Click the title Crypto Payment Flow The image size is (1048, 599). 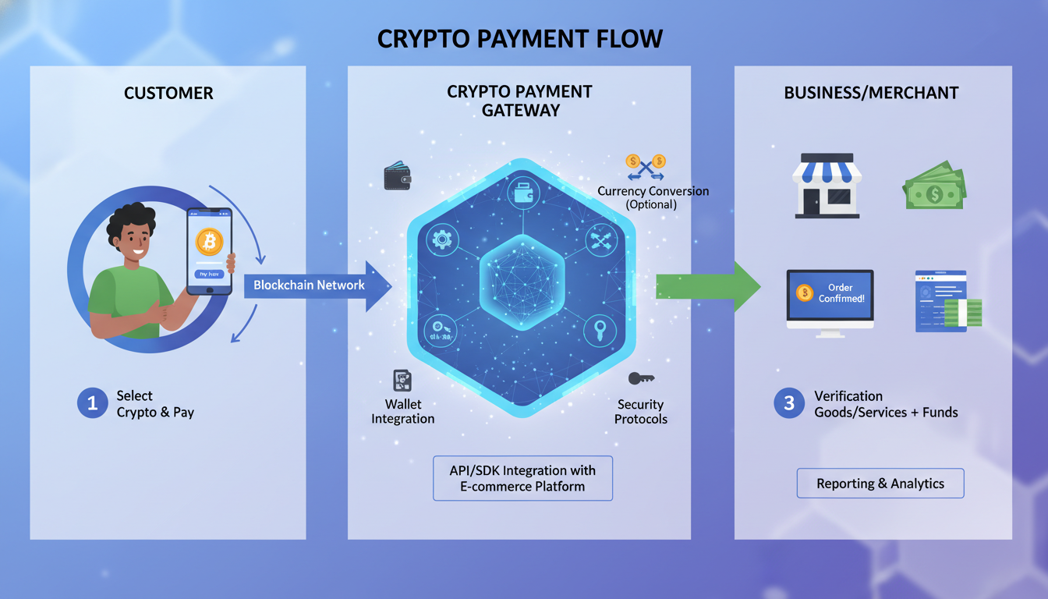pos(519,38)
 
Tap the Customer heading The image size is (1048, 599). pos(168,93)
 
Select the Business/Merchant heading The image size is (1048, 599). pos(871,93)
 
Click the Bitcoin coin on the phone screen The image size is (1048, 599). pos(208,242)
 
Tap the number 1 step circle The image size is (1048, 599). pos(92,403)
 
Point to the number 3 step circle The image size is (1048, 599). pos(788,403)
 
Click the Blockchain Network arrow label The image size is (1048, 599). pos(309,285)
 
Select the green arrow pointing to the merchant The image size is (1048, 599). pos(706,285)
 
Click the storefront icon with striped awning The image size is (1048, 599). pos(827,185)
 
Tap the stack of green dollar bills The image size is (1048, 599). pos(934,186)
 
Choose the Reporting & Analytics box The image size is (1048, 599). pos(880,484)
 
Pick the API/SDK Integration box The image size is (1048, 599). pos(522,478)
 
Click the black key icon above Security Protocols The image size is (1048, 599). pos(640,378)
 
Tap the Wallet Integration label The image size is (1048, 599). pos(403,411)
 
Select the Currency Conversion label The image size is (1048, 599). pos(653,197)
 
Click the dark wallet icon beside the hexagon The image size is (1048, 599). pos(398,176)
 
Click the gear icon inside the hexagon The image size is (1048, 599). pos(443,238)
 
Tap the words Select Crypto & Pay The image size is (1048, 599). pos(155,404)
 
